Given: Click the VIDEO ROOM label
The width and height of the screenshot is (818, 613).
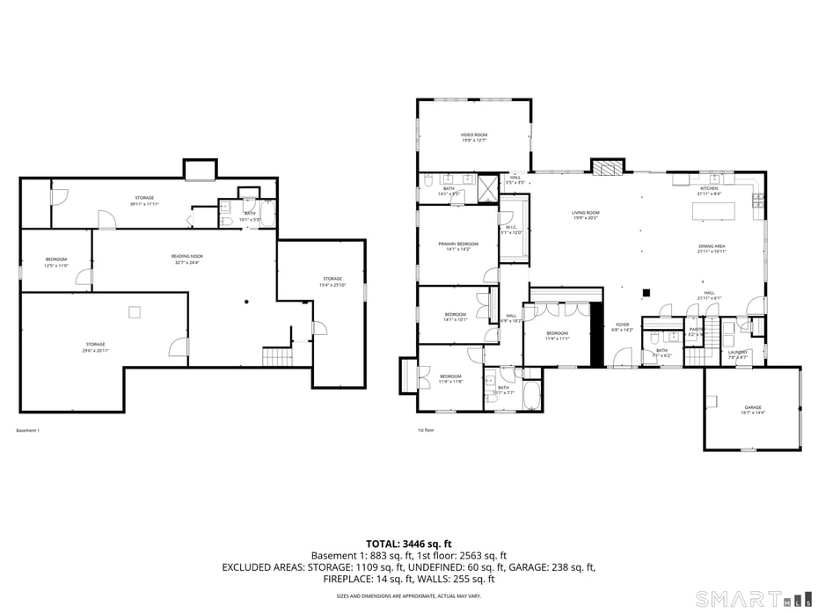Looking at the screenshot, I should tap(474, 135).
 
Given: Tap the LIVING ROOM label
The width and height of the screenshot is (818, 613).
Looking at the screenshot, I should tap(586, 213).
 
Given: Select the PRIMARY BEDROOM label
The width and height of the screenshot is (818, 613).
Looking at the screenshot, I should tap(458, 244).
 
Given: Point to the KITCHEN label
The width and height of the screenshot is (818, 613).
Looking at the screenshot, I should tap(709, 188).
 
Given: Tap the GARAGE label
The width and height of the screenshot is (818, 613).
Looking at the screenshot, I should tap(753, 407).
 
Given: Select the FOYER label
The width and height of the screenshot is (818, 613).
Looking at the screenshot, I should tap(623, 325).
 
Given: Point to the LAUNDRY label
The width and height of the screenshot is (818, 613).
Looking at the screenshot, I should tap(737, 352).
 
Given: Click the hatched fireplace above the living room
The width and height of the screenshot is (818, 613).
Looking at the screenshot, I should tap(607, 167).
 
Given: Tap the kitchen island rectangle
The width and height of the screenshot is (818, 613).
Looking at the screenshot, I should tap(714, 211).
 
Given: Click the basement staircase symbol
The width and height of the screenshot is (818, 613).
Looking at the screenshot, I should tap(277, 357).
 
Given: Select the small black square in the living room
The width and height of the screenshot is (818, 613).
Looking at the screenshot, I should tap(646, 294).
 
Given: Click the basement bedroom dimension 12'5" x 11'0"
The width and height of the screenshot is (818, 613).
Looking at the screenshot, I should tap(56, 265).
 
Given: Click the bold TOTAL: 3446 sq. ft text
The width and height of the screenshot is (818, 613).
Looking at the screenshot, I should tap(408, 544).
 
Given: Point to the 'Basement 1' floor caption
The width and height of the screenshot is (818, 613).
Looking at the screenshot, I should tap(28, 430).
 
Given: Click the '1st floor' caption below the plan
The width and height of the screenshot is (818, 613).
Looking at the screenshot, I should tap(426, 430).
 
